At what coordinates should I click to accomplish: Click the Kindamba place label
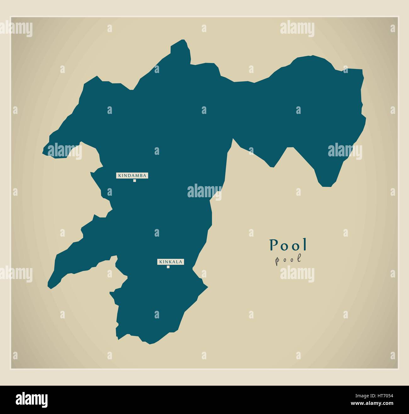point(132,176)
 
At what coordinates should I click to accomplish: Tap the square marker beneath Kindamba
point(134,181)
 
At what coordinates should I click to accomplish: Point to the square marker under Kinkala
point(168,267)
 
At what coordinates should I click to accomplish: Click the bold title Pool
point(288,245)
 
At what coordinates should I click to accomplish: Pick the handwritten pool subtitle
point(288,260)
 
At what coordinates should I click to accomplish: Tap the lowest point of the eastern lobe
point(326,186)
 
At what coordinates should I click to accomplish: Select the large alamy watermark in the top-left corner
point(16,29)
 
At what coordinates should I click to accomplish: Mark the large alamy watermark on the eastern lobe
point(345,151)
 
